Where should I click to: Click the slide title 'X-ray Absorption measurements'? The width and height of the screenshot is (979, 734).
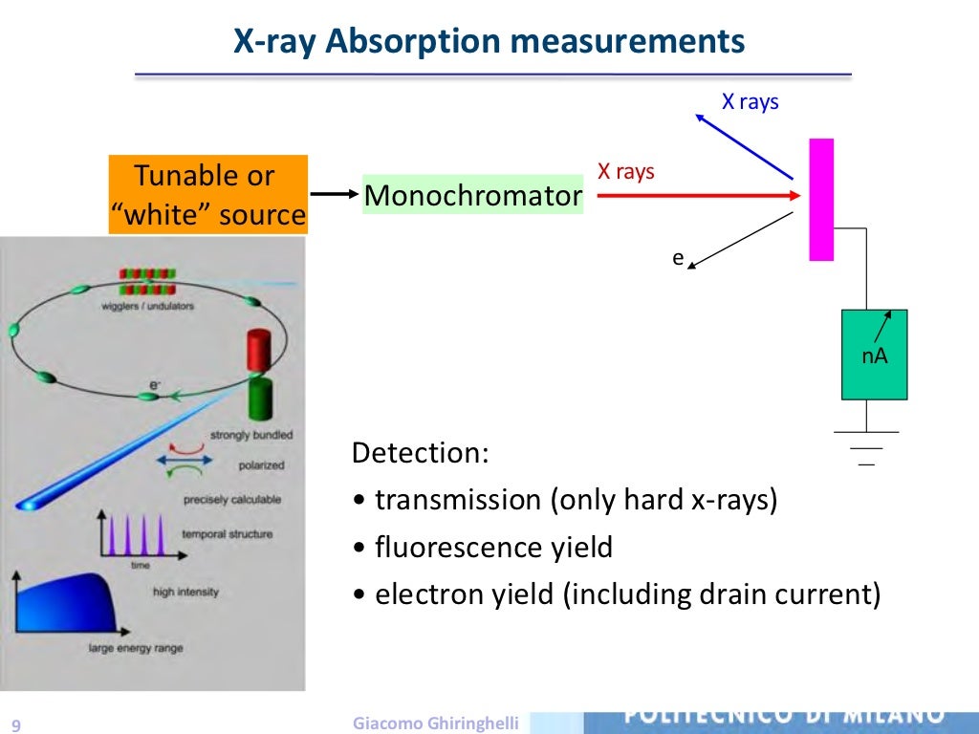coord(489,42)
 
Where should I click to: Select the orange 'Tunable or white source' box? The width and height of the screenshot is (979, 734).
coord(207,195)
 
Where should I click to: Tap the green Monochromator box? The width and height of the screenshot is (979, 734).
coord(472,196)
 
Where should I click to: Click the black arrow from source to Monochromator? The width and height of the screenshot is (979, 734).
coord(334,195)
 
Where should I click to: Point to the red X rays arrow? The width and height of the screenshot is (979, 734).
coord(698,195)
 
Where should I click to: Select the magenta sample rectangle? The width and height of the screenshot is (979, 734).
coord(821,199)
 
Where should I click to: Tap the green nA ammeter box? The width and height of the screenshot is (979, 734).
coord(874,355)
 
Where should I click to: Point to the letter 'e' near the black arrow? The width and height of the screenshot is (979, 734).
coord(678,257)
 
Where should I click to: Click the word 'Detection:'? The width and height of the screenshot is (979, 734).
coord(420,452)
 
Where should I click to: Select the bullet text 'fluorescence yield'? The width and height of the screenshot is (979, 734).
coord(493,548)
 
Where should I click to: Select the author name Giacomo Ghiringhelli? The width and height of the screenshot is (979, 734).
coord(435,723)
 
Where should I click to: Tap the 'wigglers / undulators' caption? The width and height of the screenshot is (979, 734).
coord(149,306)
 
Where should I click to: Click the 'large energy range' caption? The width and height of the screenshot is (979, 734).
coord(135,648)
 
